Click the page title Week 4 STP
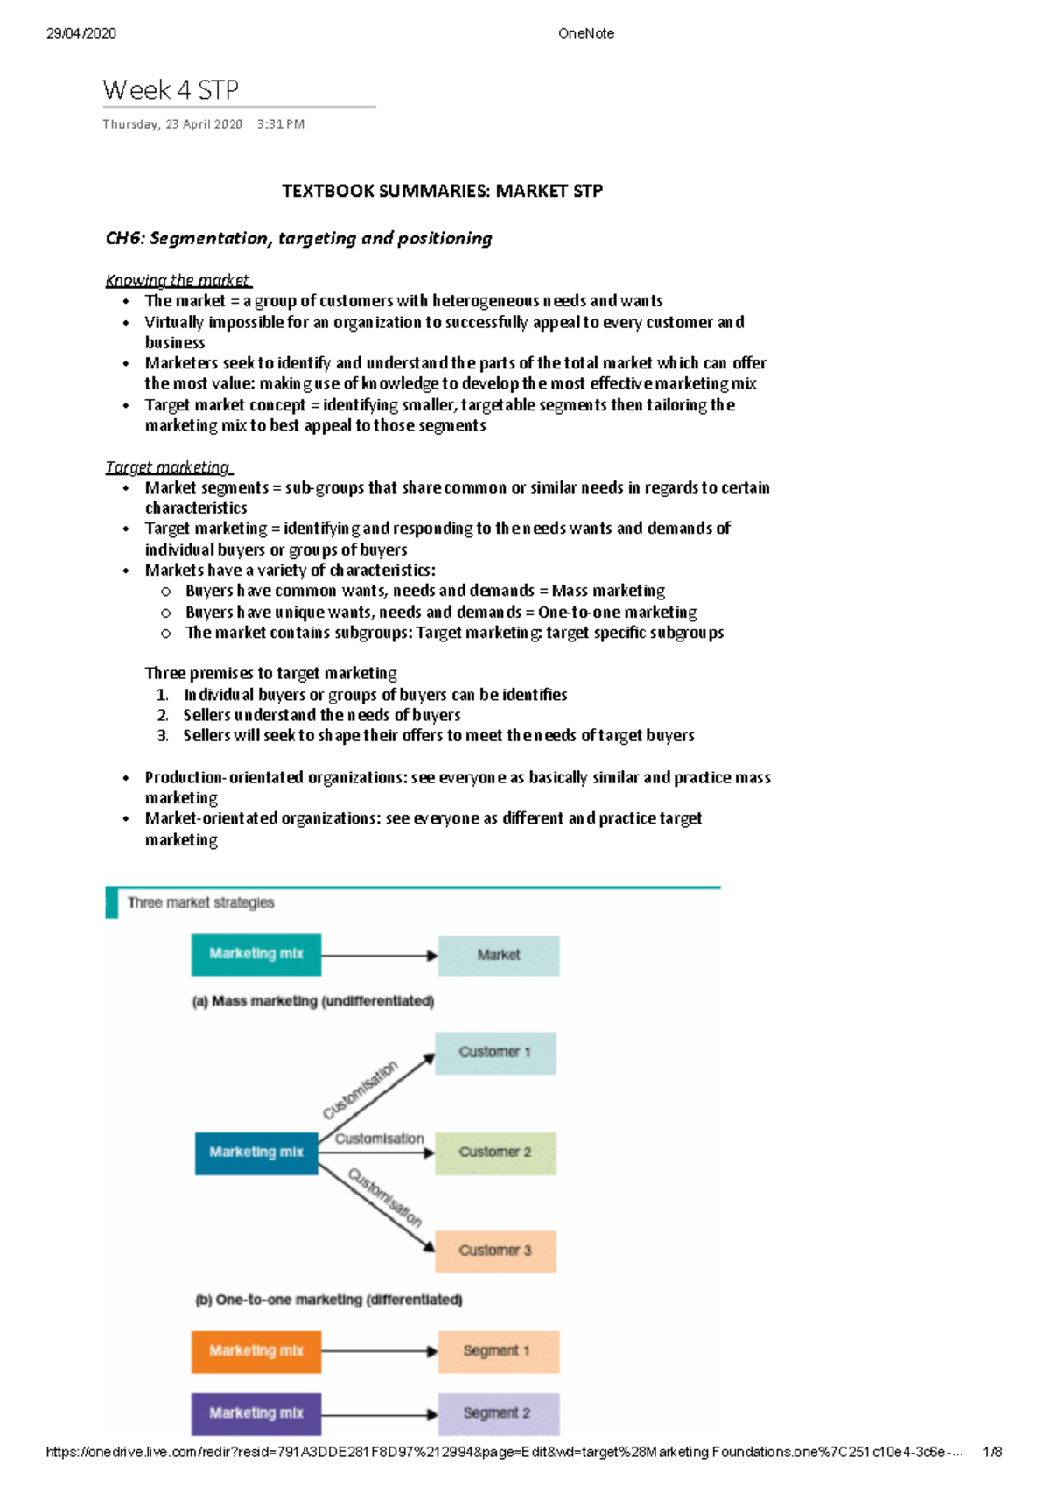(171, 90)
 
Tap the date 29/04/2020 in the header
(81, 33)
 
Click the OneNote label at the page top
(585, 33)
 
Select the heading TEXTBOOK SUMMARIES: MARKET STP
(442, 191)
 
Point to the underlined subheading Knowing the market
(178, 280)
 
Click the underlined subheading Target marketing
(168, 467)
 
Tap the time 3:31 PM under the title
(281, 124)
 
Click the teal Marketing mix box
(256, 954)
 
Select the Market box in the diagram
(499, 955)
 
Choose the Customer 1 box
(495, 1052)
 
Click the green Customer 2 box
(495, 1153)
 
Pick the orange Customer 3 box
(495, 1251)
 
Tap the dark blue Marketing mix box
(256, 1153)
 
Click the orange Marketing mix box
(256, 1351)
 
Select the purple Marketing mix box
(256, 1413)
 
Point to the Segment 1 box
(497, 1351)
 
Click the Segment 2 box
(497, 1413)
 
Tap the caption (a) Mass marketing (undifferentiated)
(313, 1001)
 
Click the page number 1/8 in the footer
(992, 1452)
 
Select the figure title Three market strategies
(200, 902)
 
